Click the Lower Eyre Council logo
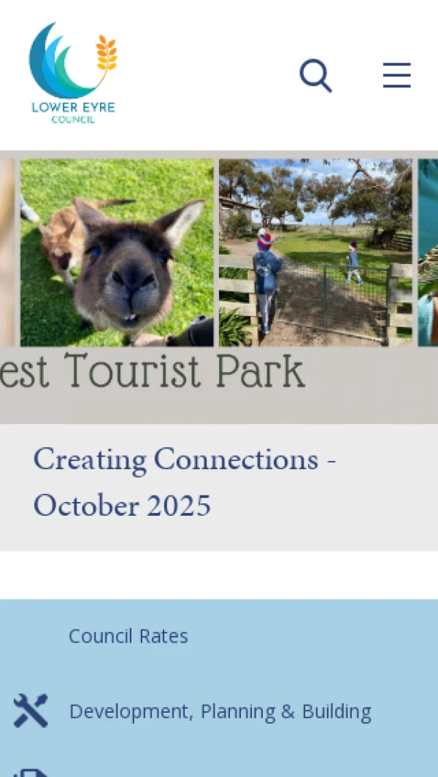pyautogui.click(x=74, y=73)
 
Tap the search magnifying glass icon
pyautogui.click(x=315, y=75)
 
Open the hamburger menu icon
pyautogui.click(x=397, y=75)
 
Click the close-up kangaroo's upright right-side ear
pyautogui.click(x=181, y=221)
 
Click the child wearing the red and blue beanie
pyautogui.click(x=267, y=280)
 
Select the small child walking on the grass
pyautogui.click(x=354, y=262)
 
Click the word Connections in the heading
pyautogui.click(x=236, y=460)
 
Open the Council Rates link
pyautogui.click(x=128, y=635)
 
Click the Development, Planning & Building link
pyautogui.click(x=220, y=711)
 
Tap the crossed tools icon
pyautogui.click(x=31, y=711)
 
